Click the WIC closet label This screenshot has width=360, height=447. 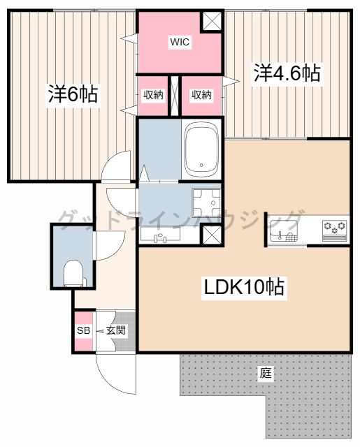180,42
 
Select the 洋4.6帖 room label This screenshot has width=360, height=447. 287,73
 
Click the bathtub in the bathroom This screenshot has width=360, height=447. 201,149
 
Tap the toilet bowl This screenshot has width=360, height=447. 72,273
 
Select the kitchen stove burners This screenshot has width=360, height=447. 333,228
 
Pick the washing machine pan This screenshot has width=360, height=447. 206,203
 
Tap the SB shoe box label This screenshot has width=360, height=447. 83,330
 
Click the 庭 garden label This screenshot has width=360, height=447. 266,373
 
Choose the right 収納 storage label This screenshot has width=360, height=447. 201,95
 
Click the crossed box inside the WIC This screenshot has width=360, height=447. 212,21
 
